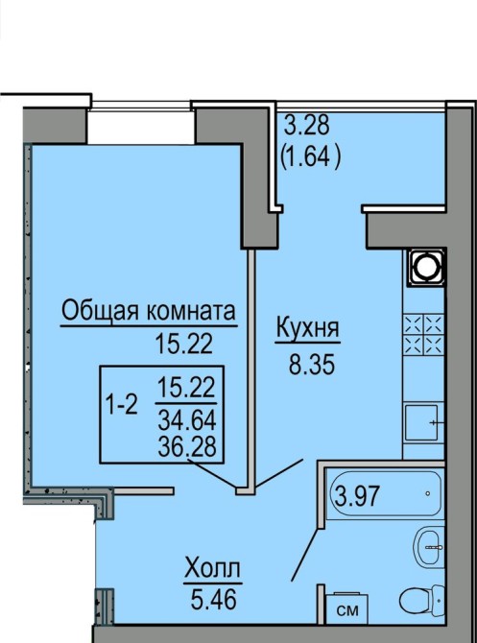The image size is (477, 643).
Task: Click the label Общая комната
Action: [149, 311]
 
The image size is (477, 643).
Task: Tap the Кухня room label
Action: [308, 328]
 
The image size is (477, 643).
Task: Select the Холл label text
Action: [212, 569]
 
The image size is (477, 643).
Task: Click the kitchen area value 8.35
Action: [312, 365]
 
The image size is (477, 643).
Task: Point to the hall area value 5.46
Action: [213, 599]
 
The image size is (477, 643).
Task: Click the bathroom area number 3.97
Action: [356, 495]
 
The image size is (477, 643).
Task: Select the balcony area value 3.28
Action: [307, 125]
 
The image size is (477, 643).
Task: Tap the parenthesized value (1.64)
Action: [310, 156]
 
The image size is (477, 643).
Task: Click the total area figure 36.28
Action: [187, 446]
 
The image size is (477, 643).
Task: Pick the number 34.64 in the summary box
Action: [187, 420]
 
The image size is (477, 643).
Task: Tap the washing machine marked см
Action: [346, 608]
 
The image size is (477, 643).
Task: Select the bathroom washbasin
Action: [429, 547]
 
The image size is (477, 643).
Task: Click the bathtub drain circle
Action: [428, 493]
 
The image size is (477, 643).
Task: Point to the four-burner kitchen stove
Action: [424, 334]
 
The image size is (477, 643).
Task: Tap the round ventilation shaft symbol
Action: [426, 268]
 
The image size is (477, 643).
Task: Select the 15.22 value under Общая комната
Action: [184, 344]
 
